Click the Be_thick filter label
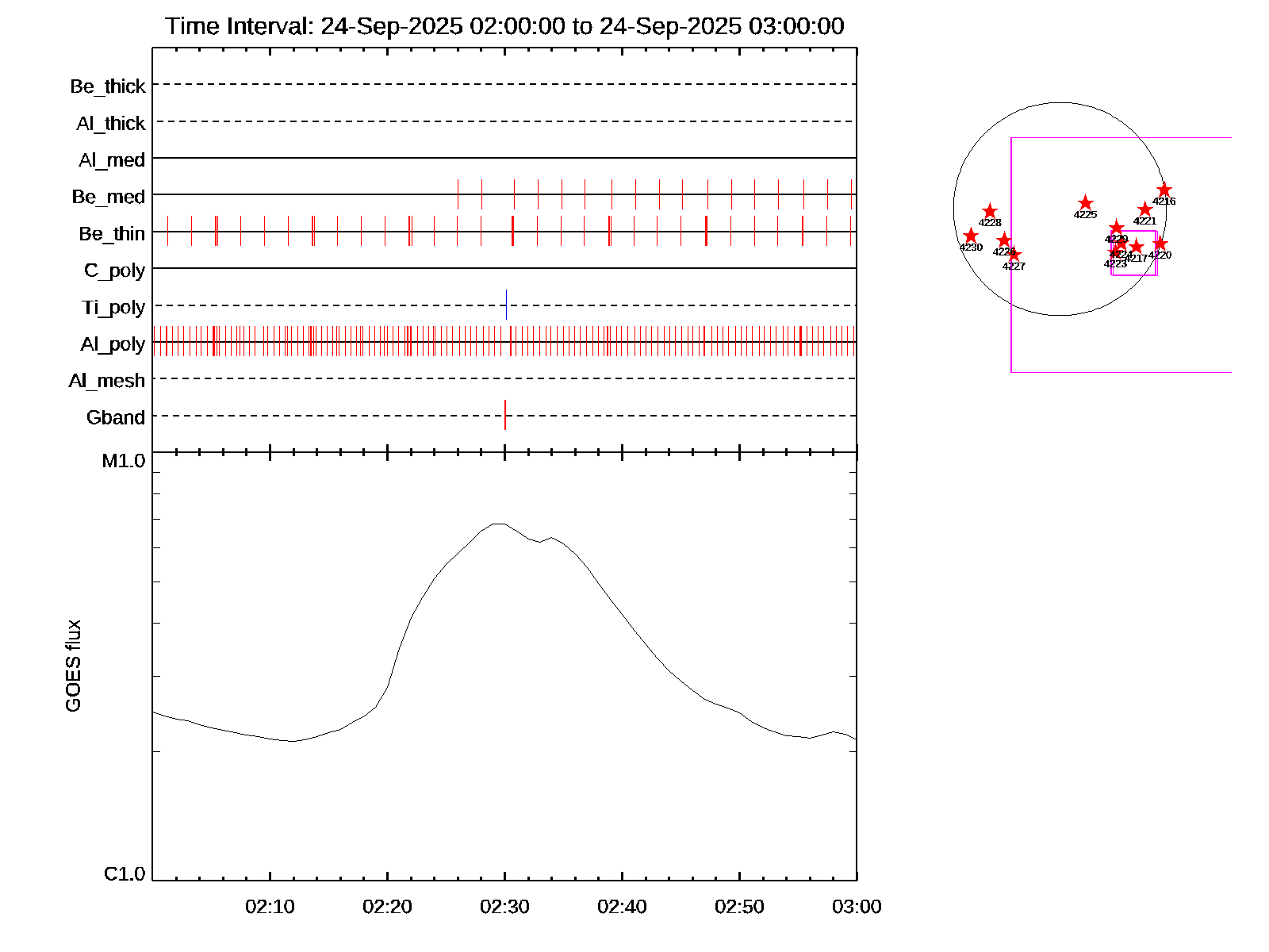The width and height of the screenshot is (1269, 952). click(x=108, y=86)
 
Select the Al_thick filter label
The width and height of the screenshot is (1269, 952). click(x=111, y=124)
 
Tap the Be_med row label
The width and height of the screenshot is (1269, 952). click(x=109, y=197)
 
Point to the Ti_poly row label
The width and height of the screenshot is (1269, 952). click(x=113, y=308)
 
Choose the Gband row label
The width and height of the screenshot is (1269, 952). click(x=116, y=418)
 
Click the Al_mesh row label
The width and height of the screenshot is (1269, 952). click(x=107, y=381)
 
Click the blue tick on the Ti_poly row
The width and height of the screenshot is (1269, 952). click(x=506, y=305)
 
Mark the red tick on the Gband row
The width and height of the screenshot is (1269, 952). click(x=505, y=415)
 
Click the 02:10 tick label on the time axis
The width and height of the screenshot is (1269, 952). click(x=270, y=907)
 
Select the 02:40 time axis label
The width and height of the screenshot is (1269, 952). click(x=622, y=907)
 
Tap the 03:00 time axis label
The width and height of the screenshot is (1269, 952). click(x=857, y=907)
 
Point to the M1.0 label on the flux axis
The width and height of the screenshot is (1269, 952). click(x=124, y=461)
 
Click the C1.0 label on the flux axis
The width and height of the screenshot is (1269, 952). click(x=125, y=874)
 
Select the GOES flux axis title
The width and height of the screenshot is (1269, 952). click(x=73, y=666)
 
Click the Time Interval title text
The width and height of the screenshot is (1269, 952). click(x=504, y=26)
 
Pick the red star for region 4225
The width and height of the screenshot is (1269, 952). click(x=1086, y=203)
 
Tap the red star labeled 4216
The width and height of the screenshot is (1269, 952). click(x=1164, y=190)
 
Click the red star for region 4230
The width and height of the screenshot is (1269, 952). click(x=971, y=236)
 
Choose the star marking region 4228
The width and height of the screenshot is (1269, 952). click(x=990, y=211)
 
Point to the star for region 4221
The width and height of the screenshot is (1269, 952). click(x=1144, y=209)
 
